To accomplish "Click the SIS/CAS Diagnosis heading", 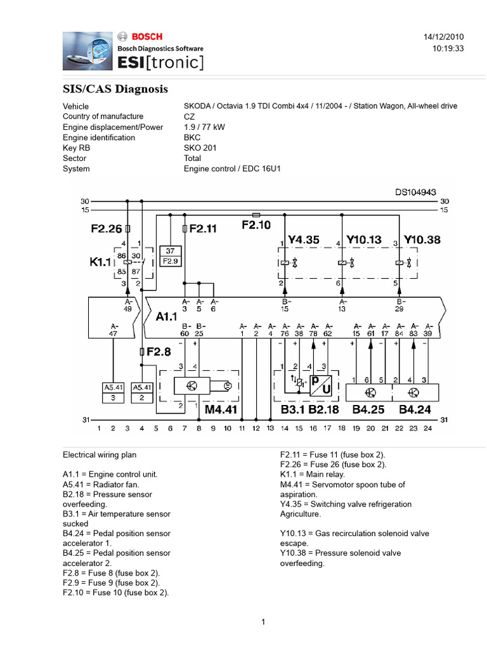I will coord(115,89).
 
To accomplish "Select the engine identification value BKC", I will coord(192,138).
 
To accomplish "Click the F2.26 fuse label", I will coord(106,228).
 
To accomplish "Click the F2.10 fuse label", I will coord(256,224).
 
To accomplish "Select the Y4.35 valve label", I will coord(304,240).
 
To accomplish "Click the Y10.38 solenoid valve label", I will coord(424,240).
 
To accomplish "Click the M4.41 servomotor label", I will coord(221,409).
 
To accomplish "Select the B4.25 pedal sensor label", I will coord(368,409).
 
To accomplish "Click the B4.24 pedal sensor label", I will coord(415,409).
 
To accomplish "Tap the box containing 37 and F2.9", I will coord(171,255).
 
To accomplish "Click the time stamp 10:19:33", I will coord(448,48).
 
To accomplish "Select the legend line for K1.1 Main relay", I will coord(315,474).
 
